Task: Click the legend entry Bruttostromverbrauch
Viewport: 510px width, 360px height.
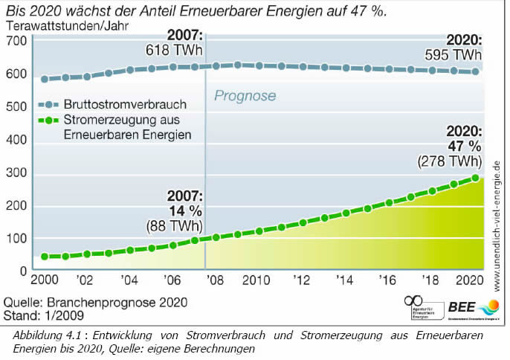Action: [x=135, y=103]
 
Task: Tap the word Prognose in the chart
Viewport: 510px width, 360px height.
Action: [x=245, y=96]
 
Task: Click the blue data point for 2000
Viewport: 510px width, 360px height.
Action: [x=45, y=79]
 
